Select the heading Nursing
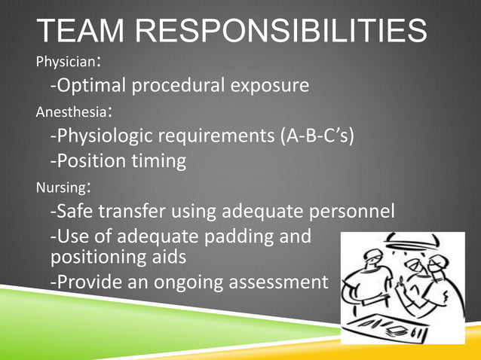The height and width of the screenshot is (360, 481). click(x=60, y=188)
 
